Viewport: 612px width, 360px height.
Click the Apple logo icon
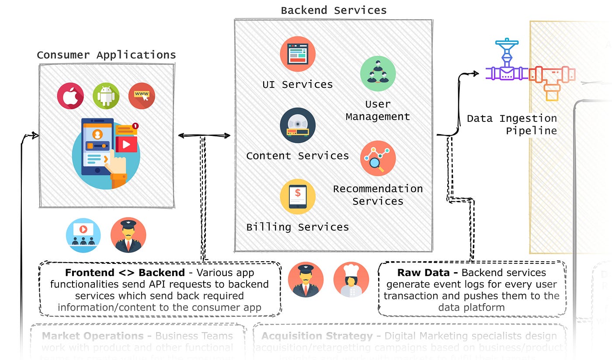point(70,96)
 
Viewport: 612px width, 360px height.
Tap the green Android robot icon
point(106,96)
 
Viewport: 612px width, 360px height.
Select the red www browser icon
point(142,96)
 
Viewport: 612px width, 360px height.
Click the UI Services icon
point(298,54)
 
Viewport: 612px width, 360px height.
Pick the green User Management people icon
point(378,73)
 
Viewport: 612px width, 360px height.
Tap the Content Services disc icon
point(298,125)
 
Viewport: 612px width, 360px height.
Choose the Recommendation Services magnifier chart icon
point(378,158)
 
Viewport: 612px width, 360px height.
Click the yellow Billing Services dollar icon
point(298,197)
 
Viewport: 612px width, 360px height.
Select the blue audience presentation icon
point(83,235)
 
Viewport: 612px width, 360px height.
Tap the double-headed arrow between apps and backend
point(204,135)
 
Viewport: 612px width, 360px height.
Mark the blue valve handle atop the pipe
point(507,43)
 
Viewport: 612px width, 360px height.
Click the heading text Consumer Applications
point(106,55)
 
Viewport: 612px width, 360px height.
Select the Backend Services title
point(334,10)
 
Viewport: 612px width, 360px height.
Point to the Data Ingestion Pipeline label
point(512,124)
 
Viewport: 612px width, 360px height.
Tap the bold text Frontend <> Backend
point(125,273)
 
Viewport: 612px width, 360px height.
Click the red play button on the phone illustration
point(126,144)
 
